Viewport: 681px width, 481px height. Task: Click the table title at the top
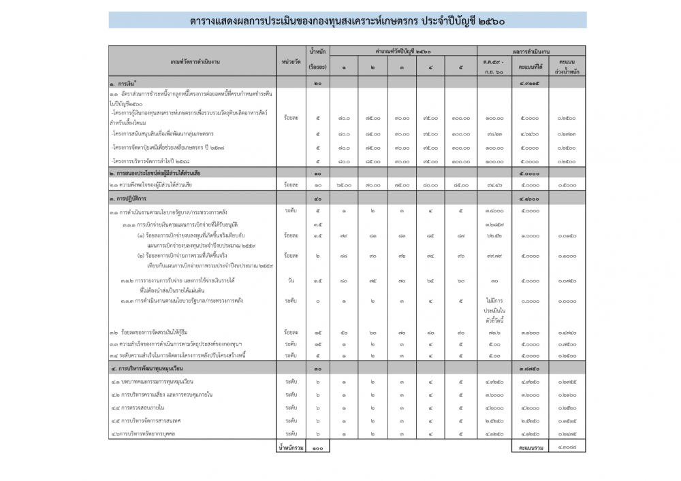pos(347,20)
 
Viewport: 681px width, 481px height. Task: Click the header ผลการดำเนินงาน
pos(531,51)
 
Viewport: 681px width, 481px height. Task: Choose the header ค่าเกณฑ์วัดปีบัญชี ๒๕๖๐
pos(404,51)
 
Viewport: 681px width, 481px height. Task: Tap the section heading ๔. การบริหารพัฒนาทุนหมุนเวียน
pos(153,368)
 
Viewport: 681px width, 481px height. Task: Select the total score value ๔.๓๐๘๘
pos(566,448)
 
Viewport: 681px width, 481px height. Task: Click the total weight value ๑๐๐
pos(317,448)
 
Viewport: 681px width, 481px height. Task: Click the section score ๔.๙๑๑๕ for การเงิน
pos(529,82)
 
